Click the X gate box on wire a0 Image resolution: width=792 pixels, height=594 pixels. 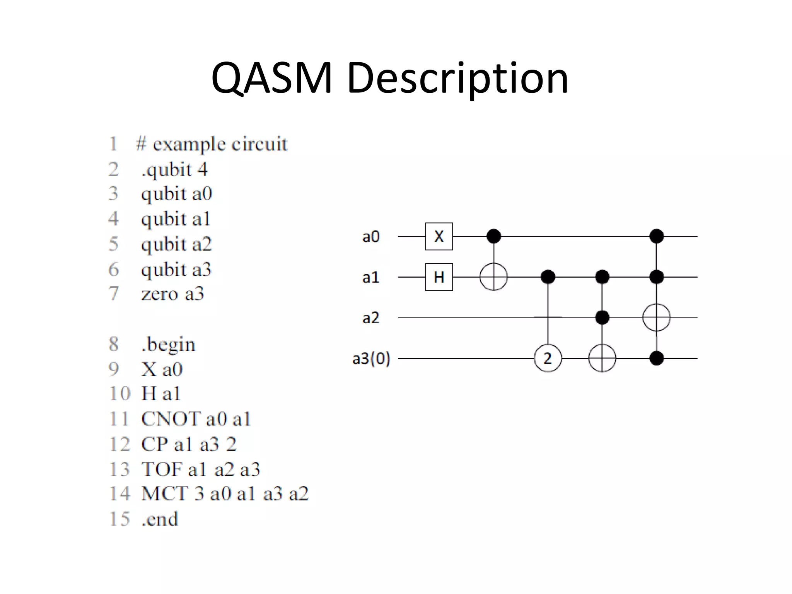click(439, 236)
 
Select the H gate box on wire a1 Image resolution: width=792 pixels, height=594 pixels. click(439, 277)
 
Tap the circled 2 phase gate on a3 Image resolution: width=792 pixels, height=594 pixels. click(548, 358)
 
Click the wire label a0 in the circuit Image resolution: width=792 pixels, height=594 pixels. click(371, 237)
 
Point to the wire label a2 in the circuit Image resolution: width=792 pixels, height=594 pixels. click(371, 318)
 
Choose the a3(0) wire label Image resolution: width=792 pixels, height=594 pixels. click(371, 359)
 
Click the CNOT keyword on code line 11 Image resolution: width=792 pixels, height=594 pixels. click(171, 419)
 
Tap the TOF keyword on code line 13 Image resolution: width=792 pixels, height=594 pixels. click(162, 469)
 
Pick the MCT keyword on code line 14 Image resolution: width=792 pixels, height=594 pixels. click(165, 494)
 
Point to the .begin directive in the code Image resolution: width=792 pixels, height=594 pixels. click(169, 344)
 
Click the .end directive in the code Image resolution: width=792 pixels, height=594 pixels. click(160, 519)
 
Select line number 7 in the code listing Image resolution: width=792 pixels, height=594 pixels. click(113, 294)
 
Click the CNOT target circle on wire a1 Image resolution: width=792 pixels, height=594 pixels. click(493, 277)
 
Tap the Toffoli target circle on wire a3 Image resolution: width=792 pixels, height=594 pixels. click(602, 358)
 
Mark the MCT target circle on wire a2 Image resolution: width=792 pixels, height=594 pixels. click(656, 317)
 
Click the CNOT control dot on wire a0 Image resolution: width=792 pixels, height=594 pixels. click(493, 236)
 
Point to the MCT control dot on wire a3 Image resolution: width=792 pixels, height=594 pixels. click(656, 358)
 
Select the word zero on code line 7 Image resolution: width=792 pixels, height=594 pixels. click(159, 294)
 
